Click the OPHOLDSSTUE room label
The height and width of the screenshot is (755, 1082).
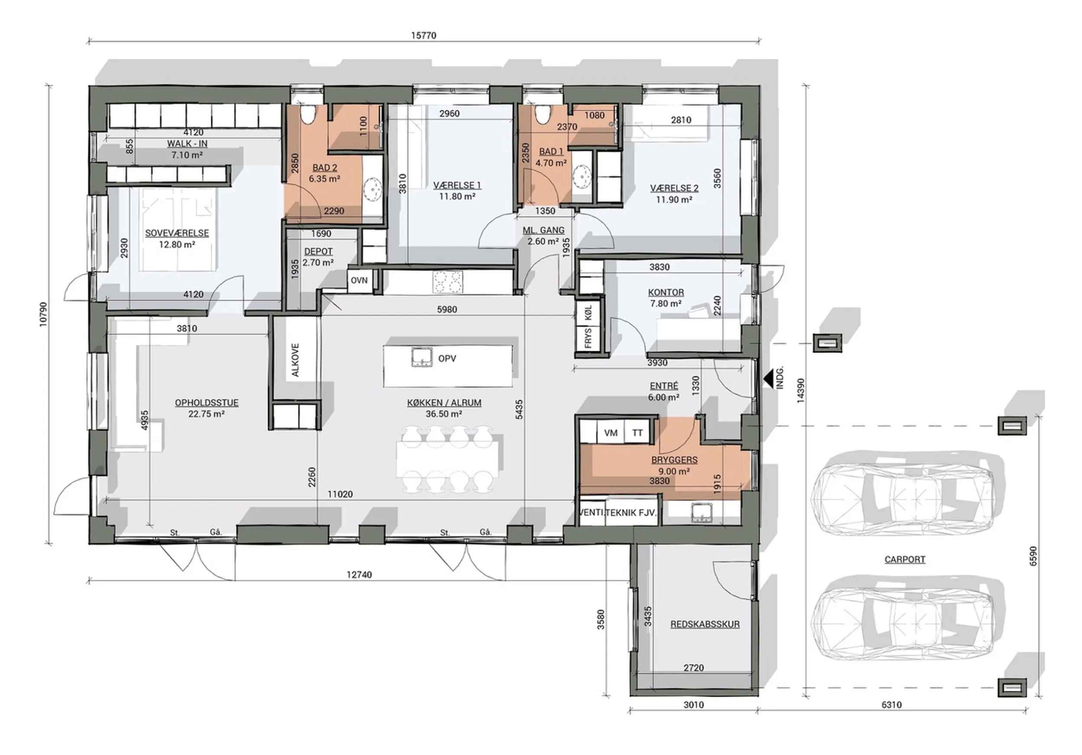(206, 403)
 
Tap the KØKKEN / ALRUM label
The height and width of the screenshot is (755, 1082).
(444, 403)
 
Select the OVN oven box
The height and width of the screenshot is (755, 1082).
(359, 281)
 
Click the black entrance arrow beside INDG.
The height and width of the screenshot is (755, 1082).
(770, 377)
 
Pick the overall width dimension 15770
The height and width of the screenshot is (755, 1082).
(424, 35)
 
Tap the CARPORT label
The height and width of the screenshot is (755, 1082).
(905, 559)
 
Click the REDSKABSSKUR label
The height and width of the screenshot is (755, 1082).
(705, 624)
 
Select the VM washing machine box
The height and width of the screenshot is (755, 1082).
(611, 433)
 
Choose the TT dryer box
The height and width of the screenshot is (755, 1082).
(637, 433)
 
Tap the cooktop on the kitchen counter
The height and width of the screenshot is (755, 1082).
(448, 282)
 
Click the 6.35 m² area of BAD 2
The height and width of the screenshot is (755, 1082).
(324, 179)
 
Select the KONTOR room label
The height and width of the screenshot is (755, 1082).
(666, 292)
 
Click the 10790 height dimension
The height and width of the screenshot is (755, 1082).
(43, 314)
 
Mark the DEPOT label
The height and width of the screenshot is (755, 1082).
(319, 251)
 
